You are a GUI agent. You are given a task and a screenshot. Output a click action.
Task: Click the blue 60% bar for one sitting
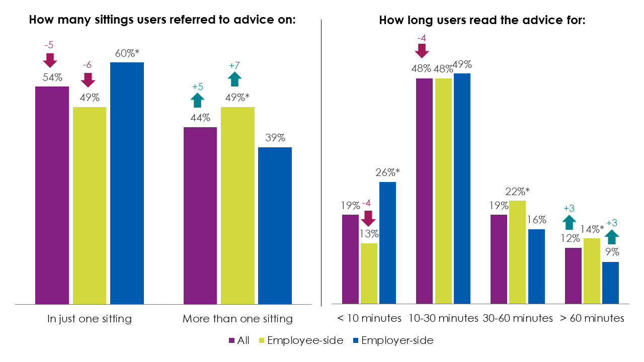click(127, 183)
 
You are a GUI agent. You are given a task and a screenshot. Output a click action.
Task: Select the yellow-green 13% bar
click(369, 274)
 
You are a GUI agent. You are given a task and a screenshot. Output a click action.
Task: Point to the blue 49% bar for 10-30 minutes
click(461, 189)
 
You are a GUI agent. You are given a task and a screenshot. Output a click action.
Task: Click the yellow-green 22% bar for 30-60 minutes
click(517, 252)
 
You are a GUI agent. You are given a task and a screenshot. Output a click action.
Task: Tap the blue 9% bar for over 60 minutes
click(610, 283)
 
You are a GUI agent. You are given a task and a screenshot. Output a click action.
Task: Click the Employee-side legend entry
click(300, 340)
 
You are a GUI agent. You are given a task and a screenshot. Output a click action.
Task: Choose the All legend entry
click(239, 340)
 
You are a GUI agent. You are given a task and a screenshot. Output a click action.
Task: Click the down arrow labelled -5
click(50, 60)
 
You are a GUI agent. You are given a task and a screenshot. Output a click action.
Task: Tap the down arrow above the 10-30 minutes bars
click(422, 50)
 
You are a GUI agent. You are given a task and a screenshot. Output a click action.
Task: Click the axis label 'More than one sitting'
click(237, 319)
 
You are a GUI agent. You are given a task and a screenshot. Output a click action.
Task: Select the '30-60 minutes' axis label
click(517, 319)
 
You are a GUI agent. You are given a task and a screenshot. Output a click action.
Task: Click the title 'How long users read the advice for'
click(482, 21)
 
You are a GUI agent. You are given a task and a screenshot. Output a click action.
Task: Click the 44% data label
click(200, 118)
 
